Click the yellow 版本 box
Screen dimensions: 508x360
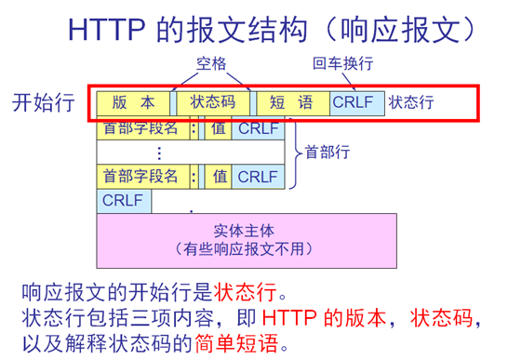pyautogui.click(x=133, y=103)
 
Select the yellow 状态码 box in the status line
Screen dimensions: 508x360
pyautogui.click(x=213, y=103)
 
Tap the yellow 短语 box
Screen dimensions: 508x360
pyautogui.click(x=293, y=103)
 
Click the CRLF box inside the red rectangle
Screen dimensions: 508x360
pyautogui.click(x=357, y=103)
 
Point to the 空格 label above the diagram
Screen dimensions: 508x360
pyautogui.click(x=211, y=63)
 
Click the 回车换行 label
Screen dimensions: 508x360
pyautogui.click(x=342, y=63)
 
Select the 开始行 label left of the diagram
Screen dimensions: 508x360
pyautogui.click(x=44, y=102)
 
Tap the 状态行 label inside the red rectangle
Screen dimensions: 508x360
pyautogui.click(x=411, y=102)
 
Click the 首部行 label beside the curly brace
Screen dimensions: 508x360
pyautogui.click(x=328, y=152)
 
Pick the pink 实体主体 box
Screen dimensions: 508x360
pyautogui.click(x=247, y=241)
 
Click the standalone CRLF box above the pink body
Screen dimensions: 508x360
pyautogui.click(x=124, y=201)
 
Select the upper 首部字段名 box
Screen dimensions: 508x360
pyautogui.click(x=143, y=128)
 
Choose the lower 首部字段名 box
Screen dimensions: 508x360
pyautogui.click(x=143, y=177)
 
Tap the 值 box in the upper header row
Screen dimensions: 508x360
pyautogui.click(x=219, y=128)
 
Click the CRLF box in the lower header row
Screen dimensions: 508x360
pyautogui.click(x=259, y=177)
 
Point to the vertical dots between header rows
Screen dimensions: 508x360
pyautogui.click(x=159, y=153)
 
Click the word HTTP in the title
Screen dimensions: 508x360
pyautogui.click(x=106, y=30)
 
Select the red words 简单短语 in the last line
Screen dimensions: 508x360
pyautogui.click(x=236, y=343)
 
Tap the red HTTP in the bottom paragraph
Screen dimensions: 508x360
pyautogui.click(x=289, y=318)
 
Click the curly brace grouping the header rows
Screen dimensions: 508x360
pyautogui.click(x=295, y=153)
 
